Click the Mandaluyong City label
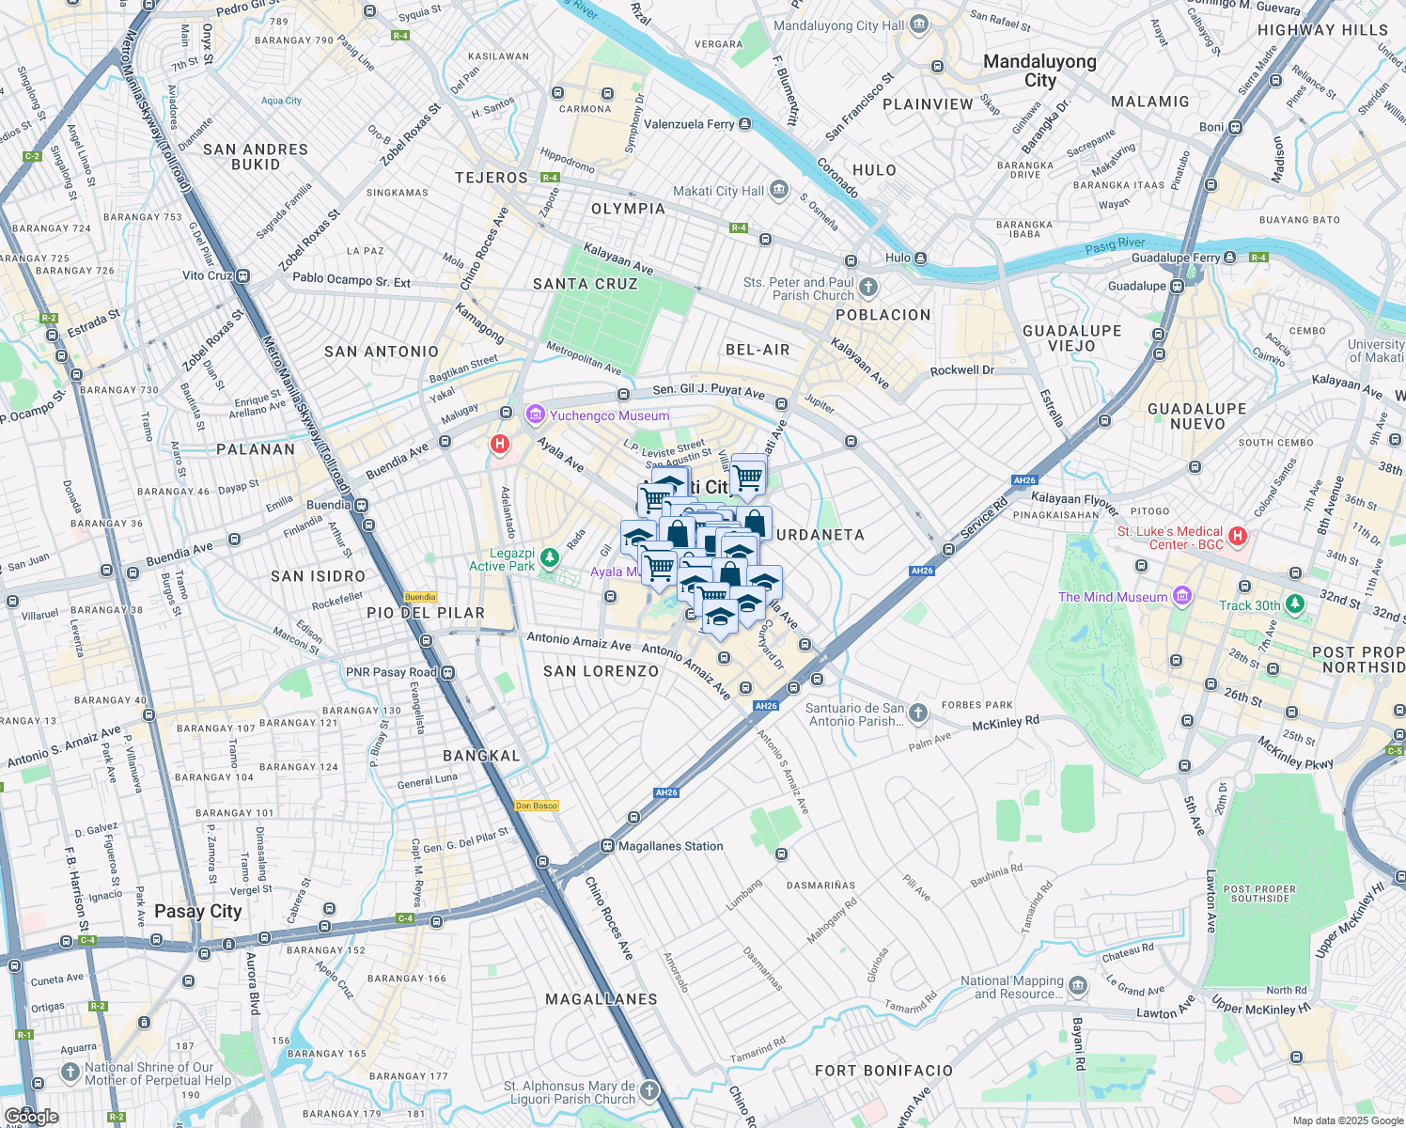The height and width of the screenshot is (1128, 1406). coord(1039,70)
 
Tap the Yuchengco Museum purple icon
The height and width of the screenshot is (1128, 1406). coord(536,415)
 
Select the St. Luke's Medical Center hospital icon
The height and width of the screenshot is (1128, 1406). coord(1238,537)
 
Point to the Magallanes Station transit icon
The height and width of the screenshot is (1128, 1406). coord(607,846)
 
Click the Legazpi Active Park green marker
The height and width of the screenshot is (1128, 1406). coord(550,559)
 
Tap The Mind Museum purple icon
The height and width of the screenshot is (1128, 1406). coord(1182,596)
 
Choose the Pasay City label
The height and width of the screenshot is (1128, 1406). coord(198,911)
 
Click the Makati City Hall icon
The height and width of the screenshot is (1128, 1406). coord(779,190)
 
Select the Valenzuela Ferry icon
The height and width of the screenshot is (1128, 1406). coord(744,124)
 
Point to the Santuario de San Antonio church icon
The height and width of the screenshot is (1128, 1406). coord(918,713)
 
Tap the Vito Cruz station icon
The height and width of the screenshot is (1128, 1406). coord(242,276)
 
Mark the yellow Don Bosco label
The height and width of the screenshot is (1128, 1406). coord(537,806)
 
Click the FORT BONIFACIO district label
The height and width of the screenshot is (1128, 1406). coord(883,1070)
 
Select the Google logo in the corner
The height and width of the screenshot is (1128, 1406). coord(31,1117)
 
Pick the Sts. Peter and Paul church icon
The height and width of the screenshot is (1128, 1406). coord(868,287)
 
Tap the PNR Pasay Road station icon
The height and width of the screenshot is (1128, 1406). coord(448,672)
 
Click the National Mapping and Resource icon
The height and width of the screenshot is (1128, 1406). coord(1078,986)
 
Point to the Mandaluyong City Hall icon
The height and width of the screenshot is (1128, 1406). coord(919,24)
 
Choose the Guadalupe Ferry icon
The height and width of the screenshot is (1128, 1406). coord(1229,257)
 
